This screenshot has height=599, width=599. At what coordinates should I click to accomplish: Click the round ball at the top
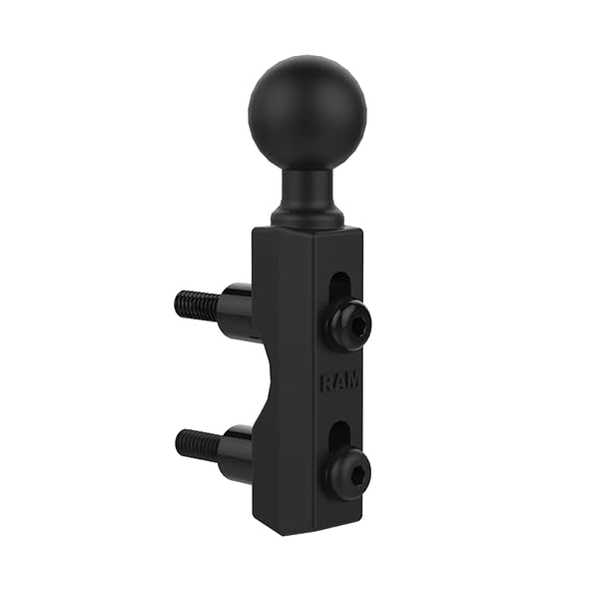click(x=307, y=114)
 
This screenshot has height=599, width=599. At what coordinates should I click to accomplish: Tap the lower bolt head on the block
click(x=350, y=470)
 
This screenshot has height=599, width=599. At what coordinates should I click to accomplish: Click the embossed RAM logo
click(x=340, y=381)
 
